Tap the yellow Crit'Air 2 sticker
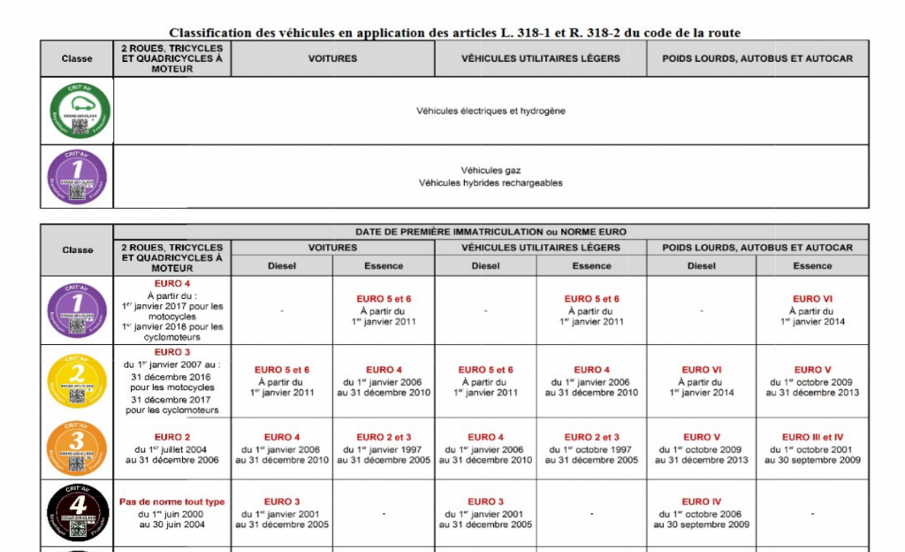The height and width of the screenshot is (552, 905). coord(77,379)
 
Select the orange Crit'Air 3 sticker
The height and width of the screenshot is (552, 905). coord(77,448)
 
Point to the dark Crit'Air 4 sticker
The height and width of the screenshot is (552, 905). coord(77,513)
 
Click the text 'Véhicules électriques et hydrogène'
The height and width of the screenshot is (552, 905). coord(491,111)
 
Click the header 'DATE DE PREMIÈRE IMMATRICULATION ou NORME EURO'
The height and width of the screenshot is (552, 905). coord(491,232)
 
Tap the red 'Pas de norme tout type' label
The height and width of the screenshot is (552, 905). coord(172,502)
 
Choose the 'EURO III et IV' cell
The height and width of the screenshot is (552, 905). coord(812,437)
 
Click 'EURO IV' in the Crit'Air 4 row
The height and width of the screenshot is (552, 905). coord(702,502)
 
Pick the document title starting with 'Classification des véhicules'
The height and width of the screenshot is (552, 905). coord(454,33)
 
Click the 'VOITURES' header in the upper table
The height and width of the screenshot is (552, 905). coord(332,58)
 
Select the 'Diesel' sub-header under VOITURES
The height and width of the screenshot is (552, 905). coord(282,265)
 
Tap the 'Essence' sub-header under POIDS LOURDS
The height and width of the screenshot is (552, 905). coord(812,265)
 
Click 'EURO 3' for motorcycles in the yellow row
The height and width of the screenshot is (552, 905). coord(172,352)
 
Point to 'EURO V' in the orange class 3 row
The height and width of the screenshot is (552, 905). coord(702,437)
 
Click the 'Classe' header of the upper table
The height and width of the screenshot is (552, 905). coord(77,58)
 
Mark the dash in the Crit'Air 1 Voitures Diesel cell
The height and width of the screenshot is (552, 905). coord(282,310)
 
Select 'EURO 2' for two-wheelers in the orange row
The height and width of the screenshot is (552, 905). coord(172,437)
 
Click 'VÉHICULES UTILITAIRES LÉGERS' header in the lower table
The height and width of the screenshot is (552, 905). coord(540,248)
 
